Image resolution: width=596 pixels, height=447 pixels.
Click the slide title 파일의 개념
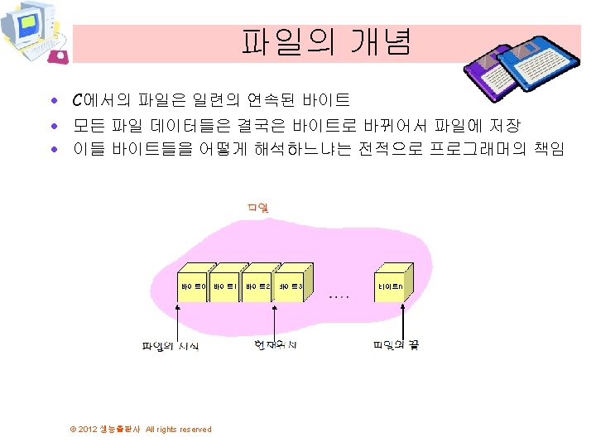point(326,42)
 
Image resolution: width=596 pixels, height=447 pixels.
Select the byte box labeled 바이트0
point(192,286)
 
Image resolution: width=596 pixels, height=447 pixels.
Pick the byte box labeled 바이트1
point(225,286)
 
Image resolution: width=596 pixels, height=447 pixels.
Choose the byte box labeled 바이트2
point(257,286)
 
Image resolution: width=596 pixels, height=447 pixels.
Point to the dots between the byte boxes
point(339,295)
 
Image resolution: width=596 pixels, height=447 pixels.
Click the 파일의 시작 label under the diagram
point(170,345)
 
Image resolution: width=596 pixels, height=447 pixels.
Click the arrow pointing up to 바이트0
point(179,319)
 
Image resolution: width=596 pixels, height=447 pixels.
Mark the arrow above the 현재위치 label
point(276,319)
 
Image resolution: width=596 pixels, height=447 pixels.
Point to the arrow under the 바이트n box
point(402,319)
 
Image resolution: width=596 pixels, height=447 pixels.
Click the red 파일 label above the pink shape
point(257,206)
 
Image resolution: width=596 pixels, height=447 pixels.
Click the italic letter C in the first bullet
point(77,101)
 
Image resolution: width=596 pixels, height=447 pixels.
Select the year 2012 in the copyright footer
point(88,430)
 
